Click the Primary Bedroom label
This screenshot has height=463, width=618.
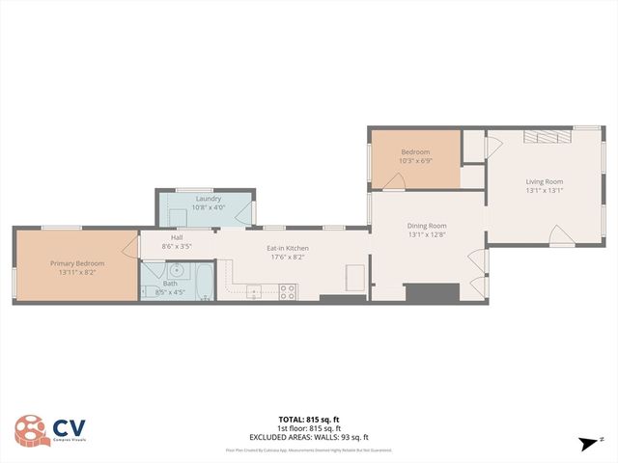click(x=76, y=263)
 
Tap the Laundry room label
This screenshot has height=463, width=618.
click(x=208, y=200)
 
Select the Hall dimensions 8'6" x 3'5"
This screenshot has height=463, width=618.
click(x=177, y=247)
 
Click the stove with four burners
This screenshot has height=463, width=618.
click(x=287, y=291)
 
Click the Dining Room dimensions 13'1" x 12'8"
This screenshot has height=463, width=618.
click(x=427, y=235)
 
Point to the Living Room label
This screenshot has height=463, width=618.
click(x=544, y=181)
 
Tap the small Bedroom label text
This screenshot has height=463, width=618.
click(x=415, y=152)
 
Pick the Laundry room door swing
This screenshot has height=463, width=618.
click(x=247, y=214)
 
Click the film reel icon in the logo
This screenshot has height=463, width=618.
click(x=31, y=430)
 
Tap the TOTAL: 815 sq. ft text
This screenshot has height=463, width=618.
click(x=309, y=419)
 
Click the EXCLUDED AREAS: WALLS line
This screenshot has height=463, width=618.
click(x=309, y=437)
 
